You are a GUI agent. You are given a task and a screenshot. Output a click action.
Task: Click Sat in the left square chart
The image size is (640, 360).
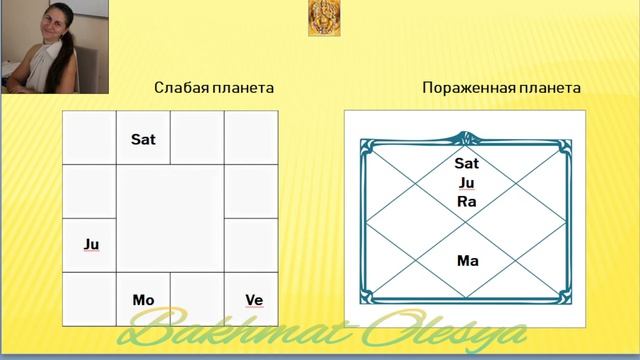[x=143, y=140]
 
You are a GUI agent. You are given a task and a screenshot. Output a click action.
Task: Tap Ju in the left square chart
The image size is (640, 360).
[x=90, y=243]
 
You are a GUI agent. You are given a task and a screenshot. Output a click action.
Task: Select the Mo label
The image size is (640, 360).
[x=143, y=299]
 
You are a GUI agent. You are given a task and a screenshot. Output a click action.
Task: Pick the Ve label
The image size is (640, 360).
[x=254, y=299]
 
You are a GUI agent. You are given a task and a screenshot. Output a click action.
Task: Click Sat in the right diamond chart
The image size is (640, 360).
[x=467, y=163]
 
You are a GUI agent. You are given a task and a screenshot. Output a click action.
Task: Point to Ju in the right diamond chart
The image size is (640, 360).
[x=467, y=182]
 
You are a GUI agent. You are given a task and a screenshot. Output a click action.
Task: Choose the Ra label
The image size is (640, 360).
[x=467, y=201]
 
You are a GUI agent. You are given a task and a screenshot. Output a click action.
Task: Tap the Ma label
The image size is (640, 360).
[x=467, y=261]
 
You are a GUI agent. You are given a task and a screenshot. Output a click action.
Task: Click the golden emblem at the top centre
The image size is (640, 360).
[x=321, y=17]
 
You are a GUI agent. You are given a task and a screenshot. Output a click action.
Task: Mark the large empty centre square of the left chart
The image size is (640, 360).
[x=170, y=217]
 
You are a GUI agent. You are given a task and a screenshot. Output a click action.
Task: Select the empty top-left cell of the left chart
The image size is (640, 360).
[x=89, y=137]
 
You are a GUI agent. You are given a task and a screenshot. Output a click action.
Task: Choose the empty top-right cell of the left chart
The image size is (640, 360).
[x=251, y=137]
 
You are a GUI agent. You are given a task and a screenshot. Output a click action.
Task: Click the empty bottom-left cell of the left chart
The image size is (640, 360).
[x=89, y=298]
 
